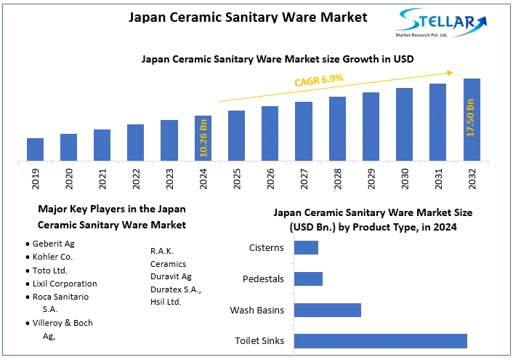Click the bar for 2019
point(35,149)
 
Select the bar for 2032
point(472,119)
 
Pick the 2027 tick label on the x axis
point(303,179)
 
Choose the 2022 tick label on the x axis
point(136,179)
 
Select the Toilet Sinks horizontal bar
point(380,341)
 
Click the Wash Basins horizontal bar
point(327,310)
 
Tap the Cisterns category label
point(266,248)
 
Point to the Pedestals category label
point(263,279)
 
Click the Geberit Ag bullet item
point(53,244)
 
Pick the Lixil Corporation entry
point(65,284)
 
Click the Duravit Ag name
point(171,277)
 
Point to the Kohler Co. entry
point(53,257)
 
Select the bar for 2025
point(236,135)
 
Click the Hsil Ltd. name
point(166,302)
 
